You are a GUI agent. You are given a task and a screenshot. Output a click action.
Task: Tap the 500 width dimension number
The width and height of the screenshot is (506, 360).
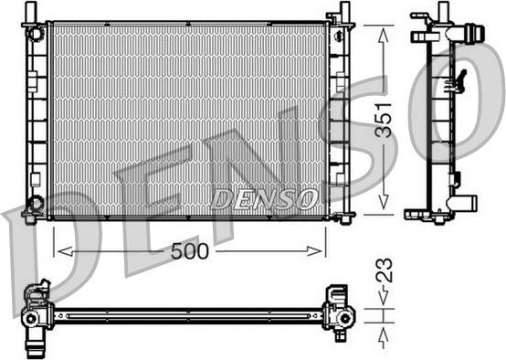click(191, 250)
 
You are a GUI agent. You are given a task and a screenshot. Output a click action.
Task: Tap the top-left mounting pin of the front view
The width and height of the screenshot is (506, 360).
click(35, 10)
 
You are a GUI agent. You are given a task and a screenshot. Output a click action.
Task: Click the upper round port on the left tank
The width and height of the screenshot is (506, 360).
click(36, 35)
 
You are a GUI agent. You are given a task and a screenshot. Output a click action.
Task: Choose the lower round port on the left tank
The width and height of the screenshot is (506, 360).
click(35, 202)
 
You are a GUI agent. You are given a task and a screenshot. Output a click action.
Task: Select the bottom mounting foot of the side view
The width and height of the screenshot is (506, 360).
click(428, 215)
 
